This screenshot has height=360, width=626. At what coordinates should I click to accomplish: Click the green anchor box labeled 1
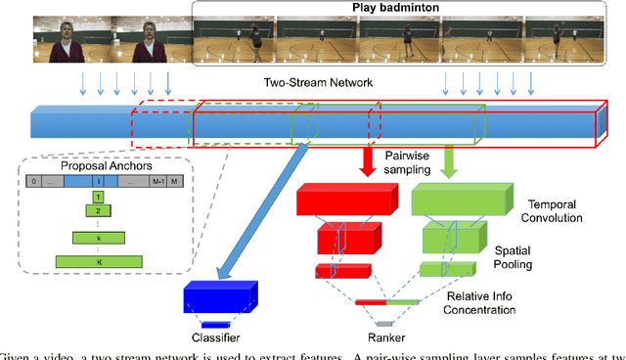click(97, 196)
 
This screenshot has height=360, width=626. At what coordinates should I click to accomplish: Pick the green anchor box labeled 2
click(97, 210)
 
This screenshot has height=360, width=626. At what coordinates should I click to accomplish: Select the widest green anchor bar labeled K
click(97, 261)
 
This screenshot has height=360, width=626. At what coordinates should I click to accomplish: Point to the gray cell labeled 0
click(33, 181)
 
